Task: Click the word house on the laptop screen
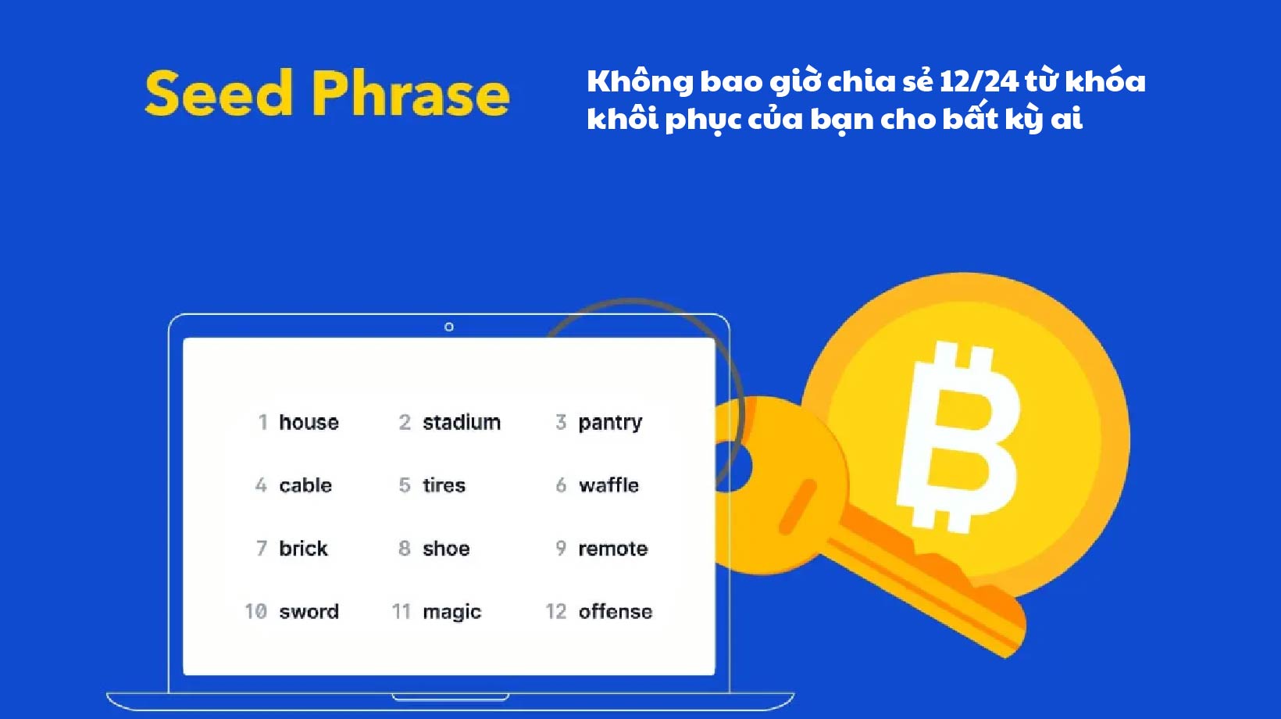tap(309, 423)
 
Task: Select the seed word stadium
tap(462, 423)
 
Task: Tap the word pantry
tap(610, 423)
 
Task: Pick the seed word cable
tap(305, 485)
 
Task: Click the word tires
tap(444, 485)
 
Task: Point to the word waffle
tap(608, 485)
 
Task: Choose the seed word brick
tap(303, 549)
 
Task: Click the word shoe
tap(446, 549)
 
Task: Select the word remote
tap(612, 549)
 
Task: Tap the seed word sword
tap(309, 612)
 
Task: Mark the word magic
tap(451, 612)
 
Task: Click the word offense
tap(615, 612)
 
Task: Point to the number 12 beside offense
tap(555, 612)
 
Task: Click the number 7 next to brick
tap(262, 549)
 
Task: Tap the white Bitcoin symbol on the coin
tap(959, 438)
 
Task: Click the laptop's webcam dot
tap(449, 327)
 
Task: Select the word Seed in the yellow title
tap(219, 95)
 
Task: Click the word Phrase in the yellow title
tap(410, 95)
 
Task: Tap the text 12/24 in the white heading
tap(979, 81)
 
